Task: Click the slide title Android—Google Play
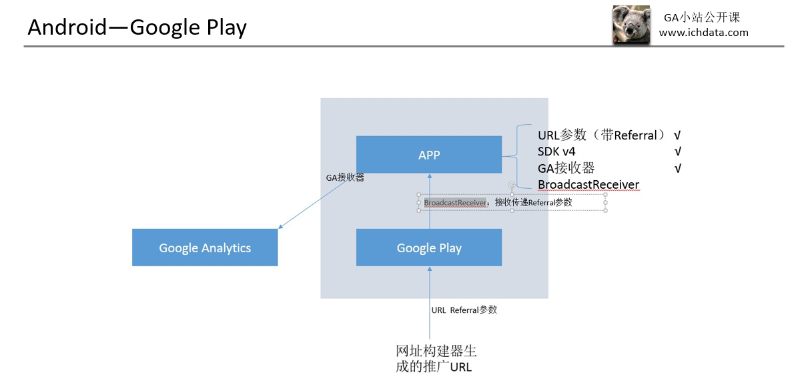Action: (137, 27)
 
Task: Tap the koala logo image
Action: (631, 25)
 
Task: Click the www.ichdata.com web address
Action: (703, 33)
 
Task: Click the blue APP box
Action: (428, 155)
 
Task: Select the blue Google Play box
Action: (428, 248)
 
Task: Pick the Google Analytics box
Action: (205, 248)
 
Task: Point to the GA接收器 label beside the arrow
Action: (344, 178)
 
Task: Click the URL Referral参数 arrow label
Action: (464, 310)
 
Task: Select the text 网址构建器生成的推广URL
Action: (436, 359)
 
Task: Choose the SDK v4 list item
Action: (556, 152)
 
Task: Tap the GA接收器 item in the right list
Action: (566, 168)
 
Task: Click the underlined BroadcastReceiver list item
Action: (588, 185)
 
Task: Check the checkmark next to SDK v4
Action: (678, 152)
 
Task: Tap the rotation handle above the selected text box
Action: (511, 185)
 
